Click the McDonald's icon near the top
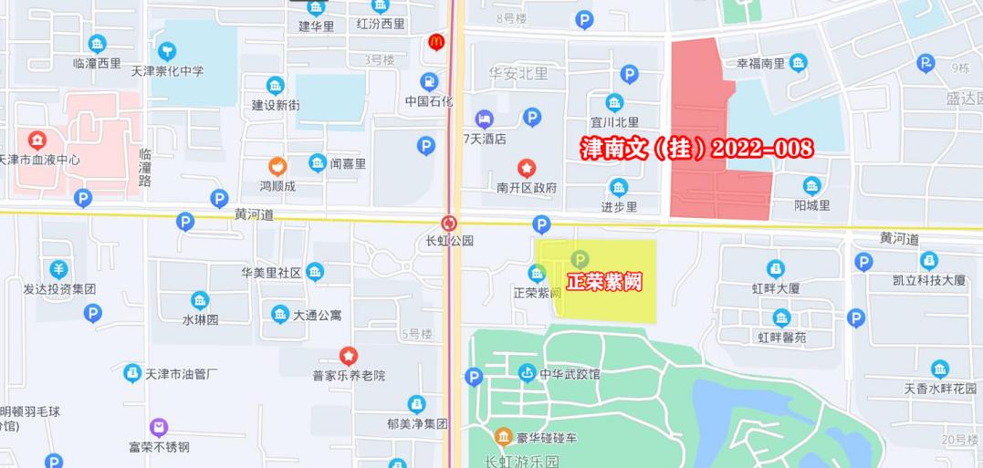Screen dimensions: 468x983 point(436,43)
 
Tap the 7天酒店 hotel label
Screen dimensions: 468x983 point(485,139)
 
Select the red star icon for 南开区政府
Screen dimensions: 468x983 point(527,169)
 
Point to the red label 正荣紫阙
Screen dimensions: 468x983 point(603,282)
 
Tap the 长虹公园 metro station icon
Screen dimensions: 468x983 point(449,223)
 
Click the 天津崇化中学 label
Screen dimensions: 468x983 point(168,70)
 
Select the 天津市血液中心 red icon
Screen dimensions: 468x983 point(37,140)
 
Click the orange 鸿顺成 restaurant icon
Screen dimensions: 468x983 point(277,166)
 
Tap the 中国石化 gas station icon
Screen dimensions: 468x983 point(429,81)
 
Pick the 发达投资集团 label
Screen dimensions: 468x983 point(59,289)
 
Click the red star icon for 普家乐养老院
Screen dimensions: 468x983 point(349,355)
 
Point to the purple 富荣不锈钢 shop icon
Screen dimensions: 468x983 point(159,427)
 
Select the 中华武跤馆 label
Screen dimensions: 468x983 point(569,374)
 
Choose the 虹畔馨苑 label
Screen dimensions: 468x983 point(782,337)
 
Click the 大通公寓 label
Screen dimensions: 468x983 point(318,316)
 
